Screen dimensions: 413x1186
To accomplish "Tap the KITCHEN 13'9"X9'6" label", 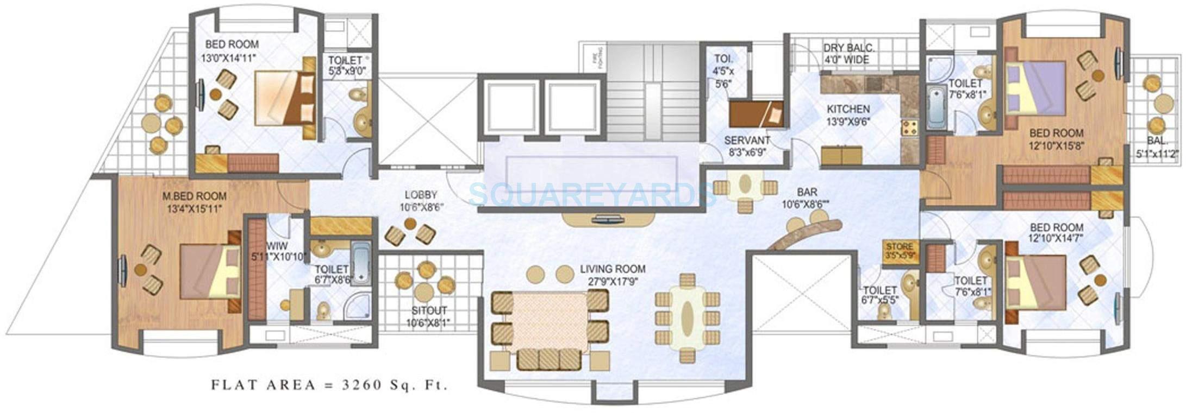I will coord(848,115).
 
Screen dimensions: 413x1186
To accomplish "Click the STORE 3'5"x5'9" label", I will coord(900,250).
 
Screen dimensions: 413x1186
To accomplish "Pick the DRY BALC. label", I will coord(848,54).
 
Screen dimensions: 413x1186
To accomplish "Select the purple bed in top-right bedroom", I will coord(1035,88).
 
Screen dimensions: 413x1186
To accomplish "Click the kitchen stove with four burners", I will coord(909,128).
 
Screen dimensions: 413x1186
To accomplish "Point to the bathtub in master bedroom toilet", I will coord(361,263).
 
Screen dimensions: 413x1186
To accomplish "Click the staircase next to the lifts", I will coord(652,92).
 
